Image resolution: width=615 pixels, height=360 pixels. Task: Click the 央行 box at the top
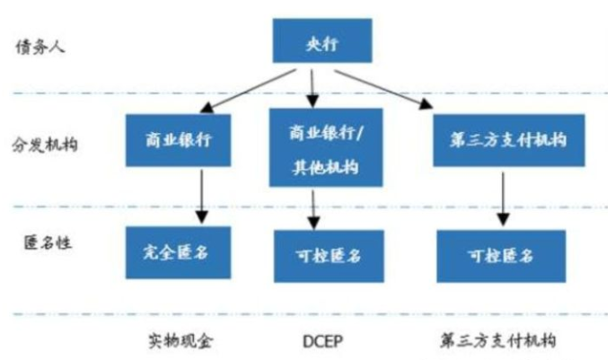pyautogui.click(x=310, y=41)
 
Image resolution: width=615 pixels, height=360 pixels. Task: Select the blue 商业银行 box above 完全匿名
pyautogui.click(x=176, y=140)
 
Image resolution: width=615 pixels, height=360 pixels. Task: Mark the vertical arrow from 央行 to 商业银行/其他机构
pyautogui.click(x=311, y=85)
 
